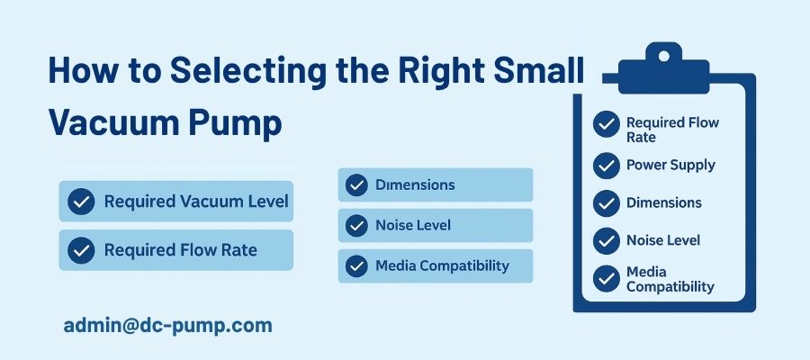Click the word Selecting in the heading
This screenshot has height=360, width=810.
(247, 71)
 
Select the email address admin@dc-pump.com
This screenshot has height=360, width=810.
(168, 326)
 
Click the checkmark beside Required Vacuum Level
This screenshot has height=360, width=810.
(81, 202)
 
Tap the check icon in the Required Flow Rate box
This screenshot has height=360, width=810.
(81, 250)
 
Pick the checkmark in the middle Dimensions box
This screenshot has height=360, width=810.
(356, 184)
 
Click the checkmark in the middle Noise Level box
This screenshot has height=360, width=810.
(356, 225)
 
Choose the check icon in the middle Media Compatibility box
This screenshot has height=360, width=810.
(356, 266)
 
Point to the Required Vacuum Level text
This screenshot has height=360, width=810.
(196, 202)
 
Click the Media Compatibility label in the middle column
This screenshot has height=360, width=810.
(442, 266)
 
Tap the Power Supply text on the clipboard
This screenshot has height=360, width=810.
(670, 166)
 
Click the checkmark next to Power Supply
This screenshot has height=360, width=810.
(607, 166)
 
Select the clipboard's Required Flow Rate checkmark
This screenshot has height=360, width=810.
(607, 124)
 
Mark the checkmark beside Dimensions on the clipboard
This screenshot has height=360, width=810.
(607, 203)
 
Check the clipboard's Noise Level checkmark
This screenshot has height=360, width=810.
(607, 240)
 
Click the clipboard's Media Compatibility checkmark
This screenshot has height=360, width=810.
(607, 278)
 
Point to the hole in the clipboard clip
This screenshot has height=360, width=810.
(664, 56)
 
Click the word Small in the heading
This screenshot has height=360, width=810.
(539, 70)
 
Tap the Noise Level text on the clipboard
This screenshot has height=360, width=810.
(663, 240)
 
